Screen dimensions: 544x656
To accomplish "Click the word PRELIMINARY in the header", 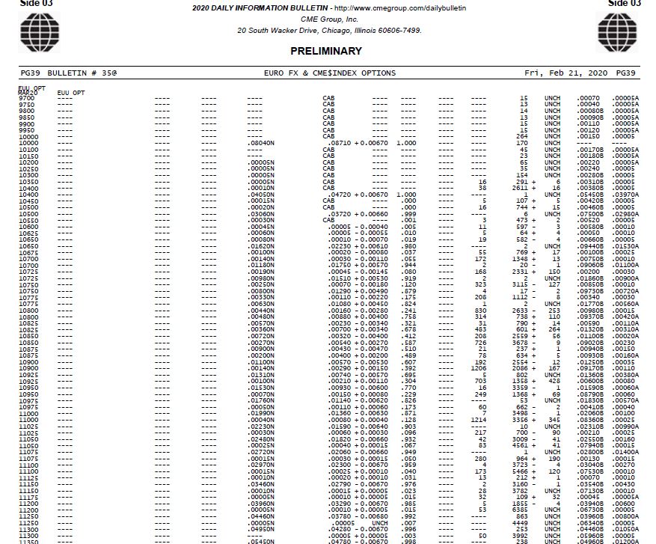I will tap(326, 52).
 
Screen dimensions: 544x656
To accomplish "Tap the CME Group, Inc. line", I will tap(329, 19).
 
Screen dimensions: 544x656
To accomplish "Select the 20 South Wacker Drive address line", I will tap(329, 31).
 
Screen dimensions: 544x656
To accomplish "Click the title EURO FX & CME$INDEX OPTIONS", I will tap(330, 73).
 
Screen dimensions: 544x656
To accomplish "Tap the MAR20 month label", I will tap(27, 93).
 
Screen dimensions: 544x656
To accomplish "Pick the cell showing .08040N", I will tap(261, 143).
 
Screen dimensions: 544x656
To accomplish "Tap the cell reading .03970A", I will tap(625, 195).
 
